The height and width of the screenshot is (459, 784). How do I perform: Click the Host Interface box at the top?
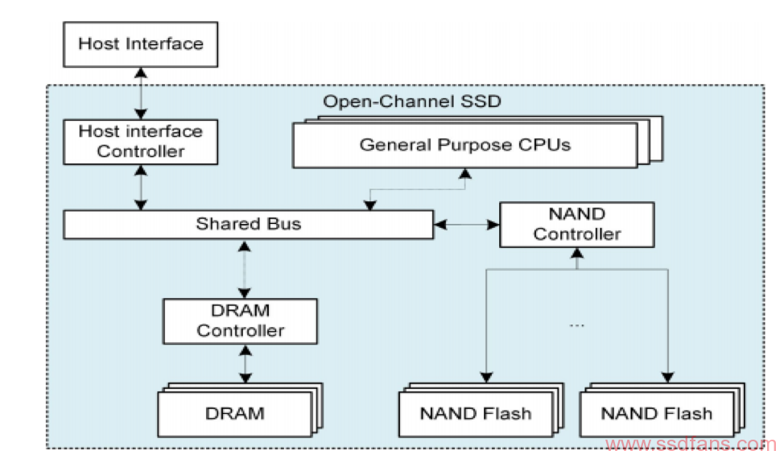pos(141,44)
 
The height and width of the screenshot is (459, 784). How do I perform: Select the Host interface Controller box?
pos(141,142)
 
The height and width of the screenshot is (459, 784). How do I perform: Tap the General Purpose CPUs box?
pos(465,145)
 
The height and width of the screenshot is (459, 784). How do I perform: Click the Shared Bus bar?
pos(249,224)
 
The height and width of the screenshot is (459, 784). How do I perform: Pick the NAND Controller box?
pos(577,225)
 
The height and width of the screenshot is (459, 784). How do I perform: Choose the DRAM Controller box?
pos(240,321)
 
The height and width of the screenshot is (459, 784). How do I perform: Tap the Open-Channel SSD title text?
pos(412,101)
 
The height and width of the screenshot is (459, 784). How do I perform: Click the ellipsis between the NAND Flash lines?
pos(576,325)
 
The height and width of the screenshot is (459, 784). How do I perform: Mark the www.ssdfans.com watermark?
pos(691,444)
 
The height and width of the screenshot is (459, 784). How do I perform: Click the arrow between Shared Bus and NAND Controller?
pos(467,225)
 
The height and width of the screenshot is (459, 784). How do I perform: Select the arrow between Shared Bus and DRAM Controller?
pos(245,269)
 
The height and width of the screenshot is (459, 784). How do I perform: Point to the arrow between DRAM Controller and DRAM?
pos(245,365)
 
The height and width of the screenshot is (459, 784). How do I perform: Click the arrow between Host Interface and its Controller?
pos(141,93)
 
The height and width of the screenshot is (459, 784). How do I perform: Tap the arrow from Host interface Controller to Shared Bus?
pos(141,188)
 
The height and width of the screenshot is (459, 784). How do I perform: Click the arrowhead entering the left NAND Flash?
pos(486,377)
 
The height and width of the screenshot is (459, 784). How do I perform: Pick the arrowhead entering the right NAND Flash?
pos(668,377)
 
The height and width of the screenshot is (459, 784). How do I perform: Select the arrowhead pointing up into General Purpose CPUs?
pos(465,173)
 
